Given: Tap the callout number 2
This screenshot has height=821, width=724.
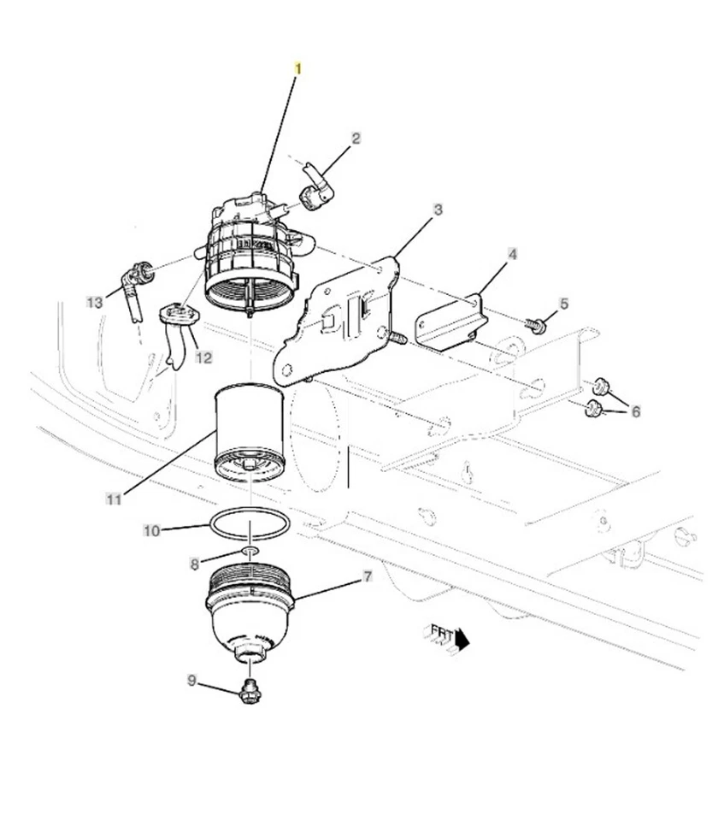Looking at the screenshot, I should (356, 139).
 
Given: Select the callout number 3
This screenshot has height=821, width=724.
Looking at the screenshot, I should (437, 210).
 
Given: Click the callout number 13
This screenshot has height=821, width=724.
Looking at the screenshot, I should (94, 302).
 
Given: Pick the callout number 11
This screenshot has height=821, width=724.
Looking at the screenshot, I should (113, 499).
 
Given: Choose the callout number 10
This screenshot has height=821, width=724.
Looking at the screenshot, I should (151, 531).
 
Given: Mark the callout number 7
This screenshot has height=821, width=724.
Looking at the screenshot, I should (368, 577).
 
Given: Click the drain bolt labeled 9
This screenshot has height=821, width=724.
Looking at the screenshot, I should (250, 690).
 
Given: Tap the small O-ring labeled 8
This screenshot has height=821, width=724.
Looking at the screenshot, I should (249, 552).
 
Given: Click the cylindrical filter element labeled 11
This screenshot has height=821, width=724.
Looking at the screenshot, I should (250, 432).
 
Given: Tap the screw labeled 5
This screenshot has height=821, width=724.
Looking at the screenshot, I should (537, 325).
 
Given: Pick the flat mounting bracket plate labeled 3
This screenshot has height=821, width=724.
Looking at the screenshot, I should (342, 321).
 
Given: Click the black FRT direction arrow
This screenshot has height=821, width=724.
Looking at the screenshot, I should (462, 639).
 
